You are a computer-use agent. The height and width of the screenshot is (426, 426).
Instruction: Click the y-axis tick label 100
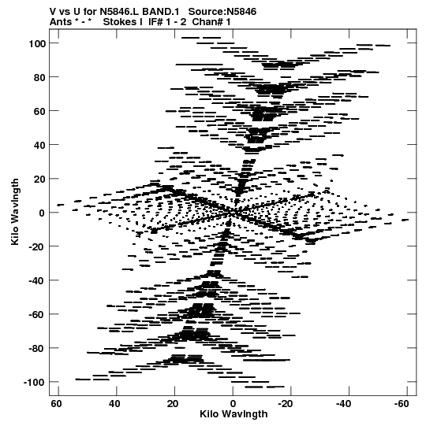pyautogui.click(x=37, y=43)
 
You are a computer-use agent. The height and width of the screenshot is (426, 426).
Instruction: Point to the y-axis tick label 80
pyautogui.click(x=39, y=77)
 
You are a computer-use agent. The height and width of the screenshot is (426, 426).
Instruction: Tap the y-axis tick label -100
pyautogui.click(x=34, y=383)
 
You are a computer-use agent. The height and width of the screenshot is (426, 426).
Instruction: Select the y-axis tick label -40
pyautogui.click(x=37, y=280)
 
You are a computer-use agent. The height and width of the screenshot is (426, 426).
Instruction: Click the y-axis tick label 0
pyautogui.click(x=42, y=213)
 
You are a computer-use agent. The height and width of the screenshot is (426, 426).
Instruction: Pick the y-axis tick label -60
pyautogui.click(x=37, y=315)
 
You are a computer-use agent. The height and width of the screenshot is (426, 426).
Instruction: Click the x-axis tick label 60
pyautogui.click(x=56, y=404)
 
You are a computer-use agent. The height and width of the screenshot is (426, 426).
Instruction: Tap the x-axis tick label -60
pyautogui.click(x=402, y=404)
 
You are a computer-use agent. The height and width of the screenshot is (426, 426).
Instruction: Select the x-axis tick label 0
pyautogui.click(x=233, y=404)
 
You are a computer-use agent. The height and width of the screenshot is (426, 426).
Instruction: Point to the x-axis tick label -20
pyautogui.click(x=285, y=404)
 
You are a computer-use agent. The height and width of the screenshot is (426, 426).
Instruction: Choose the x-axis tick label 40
pyautogui.click(x=114, y=404)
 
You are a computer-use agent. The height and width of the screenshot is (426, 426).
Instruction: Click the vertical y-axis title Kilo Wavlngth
pyautogui.click(x=15, y=212)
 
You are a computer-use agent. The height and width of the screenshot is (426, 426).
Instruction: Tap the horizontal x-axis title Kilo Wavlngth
pyautogui.click(x=234, y=414)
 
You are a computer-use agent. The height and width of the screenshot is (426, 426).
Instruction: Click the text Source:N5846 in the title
pyautogui.click(x=222, y=12)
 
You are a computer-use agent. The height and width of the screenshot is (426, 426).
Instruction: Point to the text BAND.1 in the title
pyautogui.click(x=161, y=12)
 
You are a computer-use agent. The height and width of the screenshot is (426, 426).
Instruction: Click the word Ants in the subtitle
pyautogui.click(x=61, y=22)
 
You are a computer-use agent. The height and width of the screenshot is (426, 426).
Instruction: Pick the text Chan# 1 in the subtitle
pyautogui.click(x=211, y=22)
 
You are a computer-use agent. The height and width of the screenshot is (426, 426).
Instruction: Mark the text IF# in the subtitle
pyautogui.click(x=155, y=22)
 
